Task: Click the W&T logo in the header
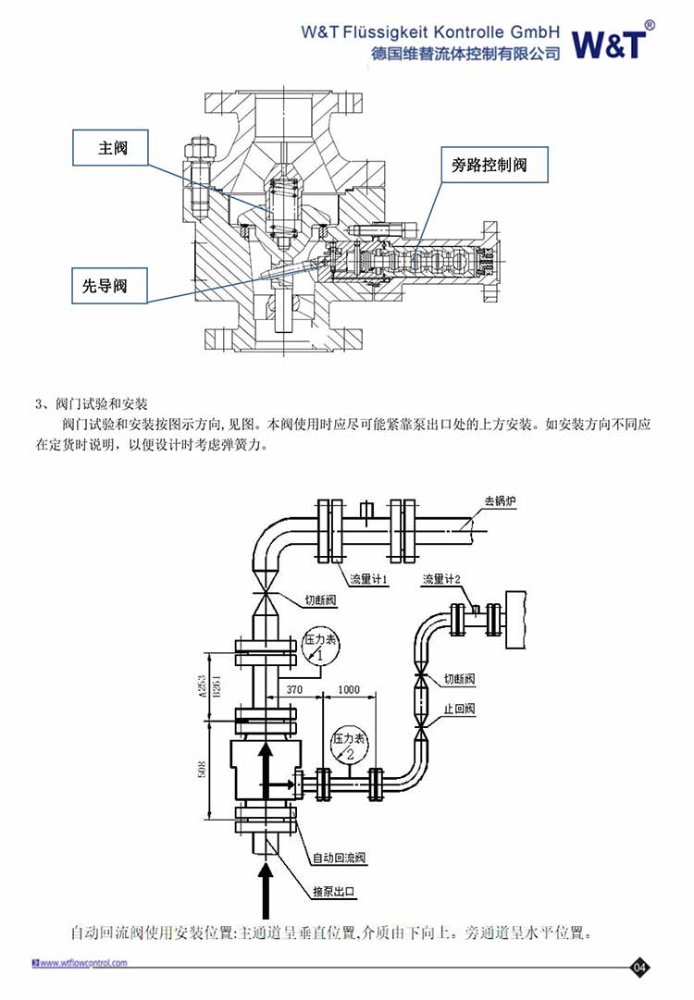(x=611, y=42)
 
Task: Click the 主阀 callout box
(x=112, y=147)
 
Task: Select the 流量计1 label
(x=367, y=580)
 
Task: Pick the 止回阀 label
(x=460, y=709)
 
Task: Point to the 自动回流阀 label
(x=340, y=858)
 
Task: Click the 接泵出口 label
(x=333, y=891)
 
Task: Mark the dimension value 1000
(x=349, y=690)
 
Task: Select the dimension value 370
(x=295, y=690)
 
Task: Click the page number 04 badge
(x=639, y=968)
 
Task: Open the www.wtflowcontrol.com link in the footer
(x=82, y=963)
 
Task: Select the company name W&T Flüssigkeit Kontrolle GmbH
(x=430, y=31)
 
